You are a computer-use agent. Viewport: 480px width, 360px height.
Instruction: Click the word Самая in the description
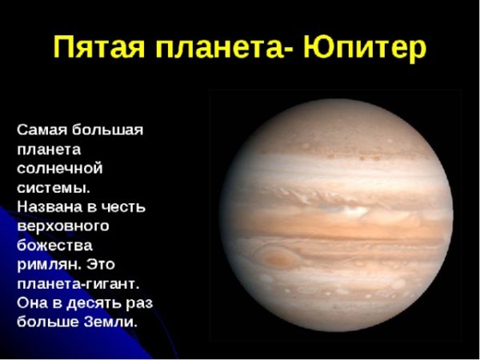pos(43,130)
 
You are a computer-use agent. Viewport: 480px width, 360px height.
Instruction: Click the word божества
pos(54,246)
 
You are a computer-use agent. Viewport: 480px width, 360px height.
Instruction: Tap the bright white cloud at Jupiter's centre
pos(345,211)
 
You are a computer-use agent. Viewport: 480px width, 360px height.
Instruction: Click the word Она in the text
pos(34,303)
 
